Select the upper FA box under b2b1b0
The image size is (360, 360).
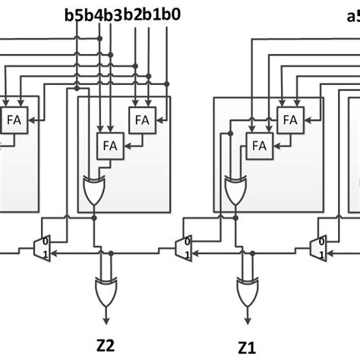point(141,119)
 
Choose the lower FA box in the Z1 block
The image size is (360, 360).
point(259,144)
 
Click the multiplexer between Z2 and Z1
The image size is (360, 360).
point(183,247)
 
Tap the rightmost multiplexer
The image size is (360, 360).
point(320,247)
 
